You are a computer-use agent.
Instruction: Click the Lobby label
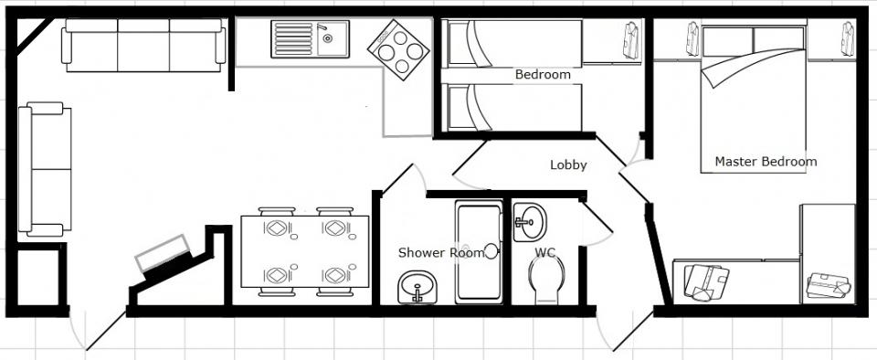point(568,164)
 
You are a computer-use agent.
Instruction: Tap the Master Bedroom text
point(766,162)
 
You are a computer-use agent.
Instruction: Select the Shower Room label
point(440,253)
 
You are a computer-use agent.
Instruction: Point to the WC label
point(544,253)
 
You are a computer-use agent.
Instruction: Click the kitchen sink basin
point(333,39)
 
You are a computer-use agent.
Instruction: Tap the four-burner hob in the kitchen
point(398,49)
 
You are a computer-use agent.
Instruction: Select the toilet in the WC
point(546,281)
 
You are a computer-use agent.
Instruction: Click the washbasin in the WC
point(529,222)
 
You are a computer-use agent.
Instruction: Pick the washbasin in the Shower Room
point(417,287)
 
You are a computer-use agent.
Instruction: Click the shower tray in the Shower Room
point(479,252)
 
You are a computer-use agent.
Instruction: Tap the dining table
point(305,251)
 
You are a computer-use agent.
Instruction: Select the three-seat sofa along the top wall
point(143,46)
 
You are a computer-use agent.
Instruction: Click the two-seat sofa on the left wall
point(45,169)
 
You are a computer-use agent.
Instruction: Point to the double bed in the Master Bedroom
point(754,99)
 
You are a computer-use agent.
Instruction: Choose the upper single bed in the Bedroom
point(512,44)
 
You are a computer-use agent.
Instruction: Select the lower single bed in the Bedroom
point(512,107)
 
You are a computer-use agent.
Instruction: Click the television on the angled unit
point(163,253)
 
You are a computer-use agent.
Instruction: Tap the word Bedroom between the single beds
point(543,74)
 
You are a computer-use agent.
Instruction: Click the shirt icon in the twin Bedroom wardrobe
point(631,40)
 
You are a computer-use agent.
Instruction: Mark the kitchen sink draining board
point(294,39)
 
